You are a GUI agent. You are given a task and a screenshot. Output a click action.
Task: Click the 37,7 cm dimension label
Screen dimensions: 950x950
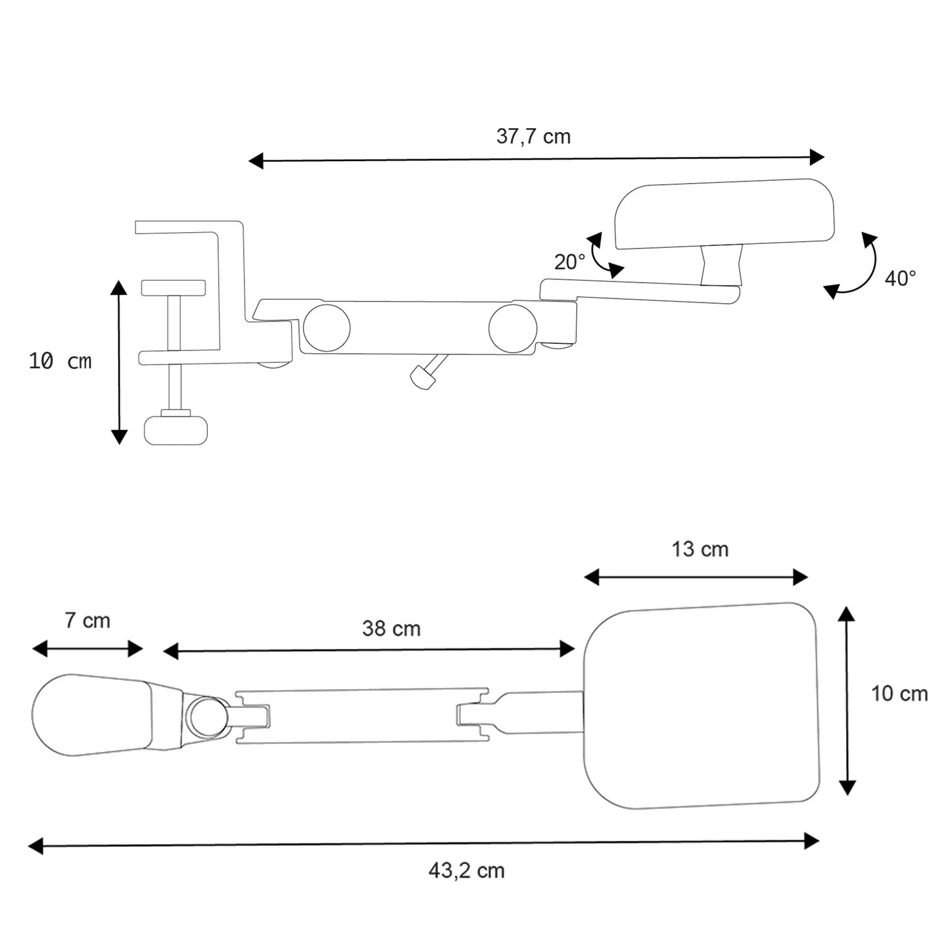[533, 137]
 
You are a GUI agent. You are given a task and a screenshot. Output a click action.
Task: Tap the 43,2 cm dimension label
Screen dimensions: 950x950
[466, 871]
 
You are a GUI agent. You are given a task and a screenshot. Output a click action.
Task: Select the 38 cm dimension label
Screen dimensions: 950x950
[391, 629]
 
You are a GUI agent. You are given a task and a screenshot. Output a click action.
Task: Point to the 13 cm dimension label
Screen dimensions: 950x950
[700, 549]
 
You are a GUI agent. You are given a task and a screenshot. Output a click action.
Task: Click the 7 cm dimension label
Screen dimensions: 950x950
[87, 621]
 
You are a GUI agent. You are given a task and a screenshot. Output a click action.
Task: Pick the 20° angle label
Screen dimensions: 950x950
[570, 262]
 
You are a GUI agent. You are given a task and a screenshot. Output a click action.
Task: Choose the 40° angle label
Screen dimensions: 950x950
[900, 279]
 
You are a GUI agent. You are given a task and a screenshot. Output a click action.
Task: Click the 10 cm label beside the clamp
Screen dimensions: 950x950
[60, 362]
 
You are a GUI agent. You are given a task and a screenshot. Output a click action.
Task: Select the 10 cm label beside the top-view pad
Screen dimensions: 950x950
[900, 694]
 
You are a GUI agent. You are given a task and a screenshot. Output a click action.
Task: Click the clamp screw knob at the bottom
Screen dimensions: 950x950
[176, 430]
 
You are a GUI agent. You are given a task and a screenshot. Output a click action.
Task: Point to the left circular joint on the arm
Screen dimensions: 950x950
[326, 328]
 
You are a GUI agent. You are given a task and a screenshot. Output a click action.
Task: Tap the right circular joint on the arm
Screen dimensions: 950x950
[513, 328]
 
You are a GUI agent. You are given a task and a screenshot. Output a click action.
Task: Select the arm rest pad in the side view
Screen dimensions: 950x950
[724, 214]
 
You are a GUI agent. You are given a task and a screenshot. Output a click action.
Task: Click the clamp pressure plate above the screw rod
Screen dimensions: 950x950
[174, 288]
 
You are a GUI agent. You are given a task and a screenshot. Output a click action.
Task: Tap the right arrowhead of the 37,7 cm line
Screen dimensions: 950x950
[817, 158]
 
